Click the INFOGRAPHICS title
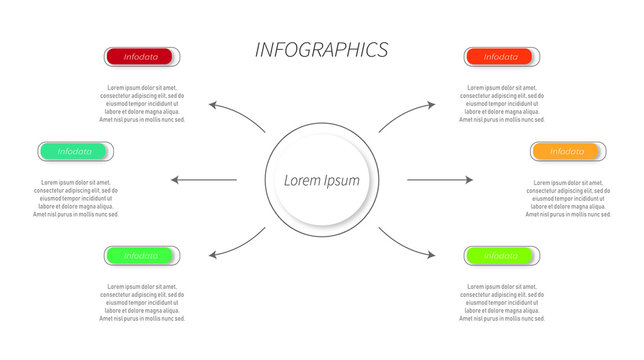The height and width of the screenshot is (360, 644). tap(321, 50)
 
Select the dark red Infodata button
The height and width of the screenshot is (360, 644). tap(141, 57)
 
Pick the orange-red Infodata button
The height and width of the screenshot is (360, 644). tap(501, 57)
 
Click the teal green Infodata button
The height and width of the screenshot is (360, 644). tap(75, 152)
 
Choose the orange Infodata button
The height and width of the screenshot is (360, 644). tap(567, 152)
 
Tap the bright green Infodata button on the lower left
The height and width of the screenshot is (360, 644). tap(141, 256)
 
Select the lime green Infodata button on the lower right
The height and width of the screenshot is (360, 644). tap(501, 256)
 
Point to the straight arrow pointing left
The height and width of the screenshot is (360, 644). tap(204, 180)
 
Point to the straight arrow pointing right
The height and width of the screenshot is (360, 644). tap(440, 180)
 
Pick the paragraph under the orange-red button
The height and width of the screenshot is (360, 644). tap(502, 104)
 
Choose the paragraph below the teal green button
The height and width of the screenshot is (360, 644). tap(76, 199)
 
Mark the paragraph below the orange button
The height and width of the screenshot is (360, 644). tap(567, 199)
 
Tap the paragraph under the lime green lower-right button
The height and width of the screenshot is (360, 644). tap(502, 303)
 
